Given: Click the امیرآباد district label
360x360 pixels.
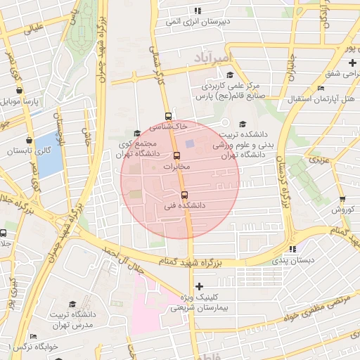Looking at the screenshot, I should point(210,56).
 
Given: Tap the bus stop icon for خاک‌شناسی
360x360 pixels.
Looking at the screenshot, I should point(167,116).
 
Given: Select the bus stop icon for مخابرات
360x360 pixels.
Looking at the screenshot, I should point(176,156).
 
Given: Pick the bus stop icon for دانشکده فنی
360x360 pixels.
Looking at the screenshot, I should point(184,195).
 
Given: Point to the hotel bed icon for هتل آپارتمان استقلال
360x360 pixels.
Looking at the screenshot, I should point(321,89).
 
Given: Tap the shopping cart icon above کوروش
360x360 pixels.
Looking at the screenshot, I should point(342,199).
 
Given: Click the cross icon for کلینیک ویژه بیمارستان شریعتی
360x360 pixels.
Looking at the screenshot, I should point(200,286).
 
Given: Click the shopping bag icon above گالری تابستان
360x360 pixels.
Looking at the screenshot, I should point(28,140).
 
